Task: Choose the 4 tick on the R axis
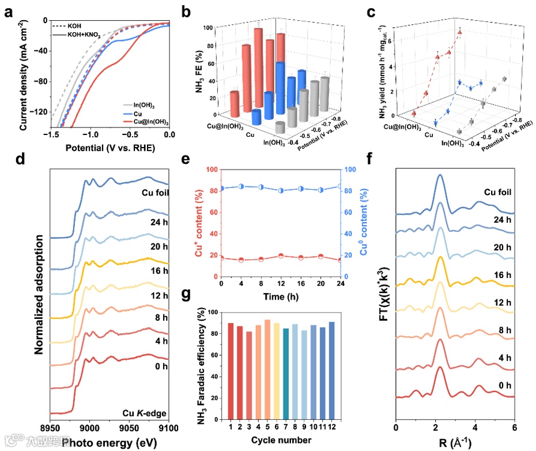coord(475,429)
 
